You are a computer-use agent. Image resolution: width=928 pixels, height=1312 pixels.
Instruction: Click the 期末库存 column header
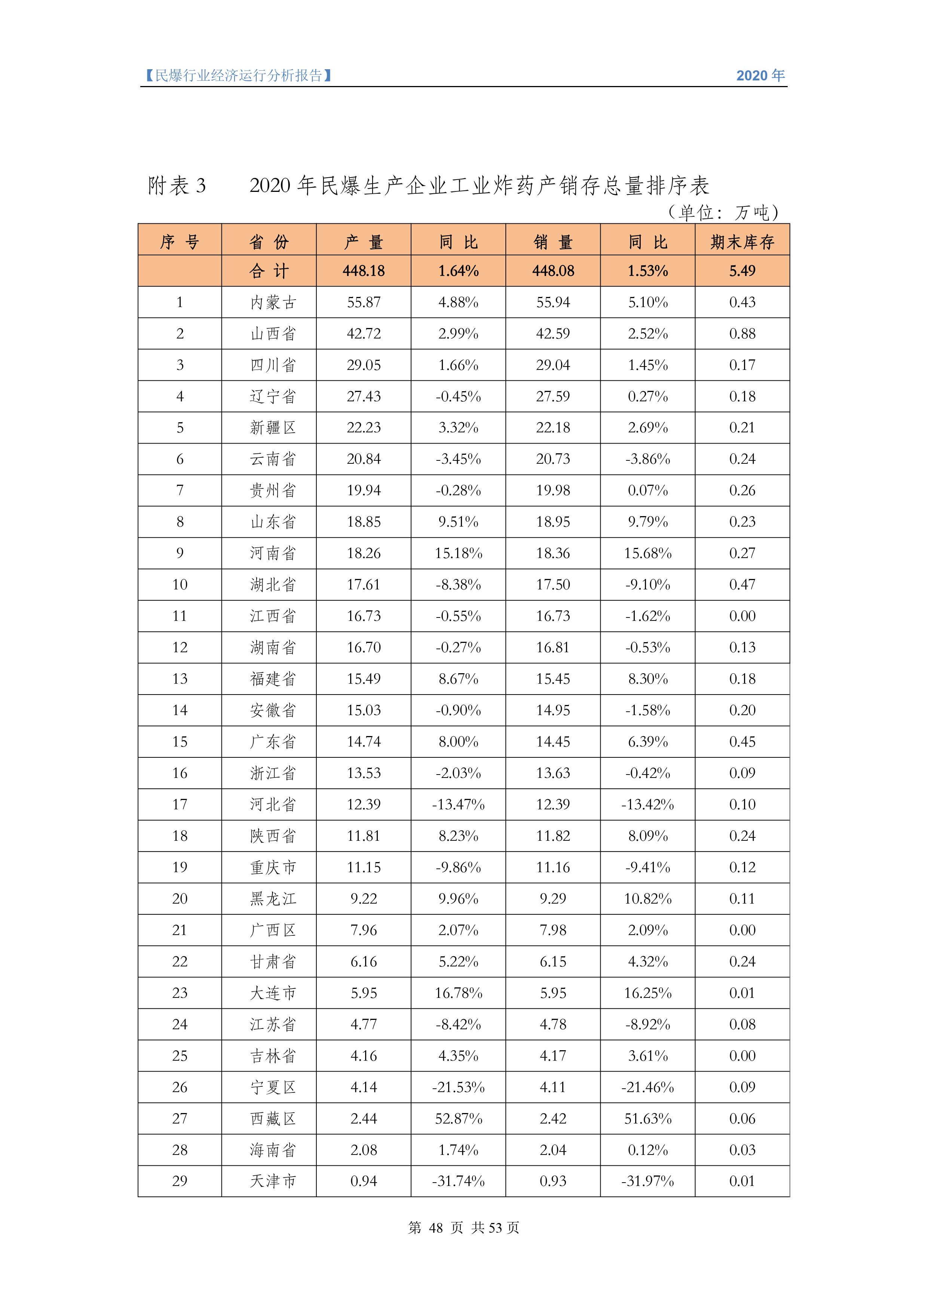742,242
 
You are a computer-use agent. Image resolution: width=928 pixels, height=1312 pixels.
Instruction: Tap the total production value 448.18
364,271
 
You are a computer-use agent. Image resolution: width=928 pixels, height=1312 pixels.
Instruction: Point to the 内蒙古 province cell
273,302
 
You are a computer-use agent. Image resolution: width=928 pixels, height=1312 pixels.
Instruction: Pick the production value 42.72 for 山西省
364,334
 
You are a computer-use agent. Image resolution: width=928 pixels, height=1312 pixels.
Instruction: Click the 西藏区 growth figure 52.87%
458,1118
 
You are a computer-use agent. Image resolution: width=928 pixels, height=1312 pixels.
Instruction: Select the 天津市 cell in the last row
273,1181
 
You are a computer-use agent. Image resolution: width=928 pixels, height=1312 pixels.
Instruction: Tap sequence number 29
180,1181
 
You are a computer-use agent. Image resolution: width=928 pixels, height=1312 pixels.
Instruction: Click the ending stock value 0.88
742,334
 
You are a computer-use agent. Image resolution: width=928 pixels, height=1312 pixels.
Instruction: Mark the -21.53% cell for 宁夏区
458,1087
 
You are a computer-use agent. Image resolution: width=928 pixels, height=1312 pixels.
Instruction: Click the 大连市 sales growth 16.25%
647,993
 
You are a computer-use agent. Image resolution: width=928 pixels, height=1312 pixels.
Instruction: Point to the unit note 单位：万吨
723,212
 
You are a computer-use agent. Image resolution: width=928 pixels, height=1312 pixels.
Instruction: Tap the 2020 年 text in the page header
760,76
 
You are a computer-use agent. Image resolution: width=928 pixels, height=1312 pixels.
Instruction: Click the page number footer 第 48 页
435,1227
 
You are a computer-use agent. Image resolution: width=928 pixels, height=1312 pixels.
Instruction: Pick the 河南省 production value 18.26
364,553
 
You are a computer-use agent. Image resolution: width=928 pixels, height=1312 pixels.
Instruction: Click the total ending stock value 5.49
742,271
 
